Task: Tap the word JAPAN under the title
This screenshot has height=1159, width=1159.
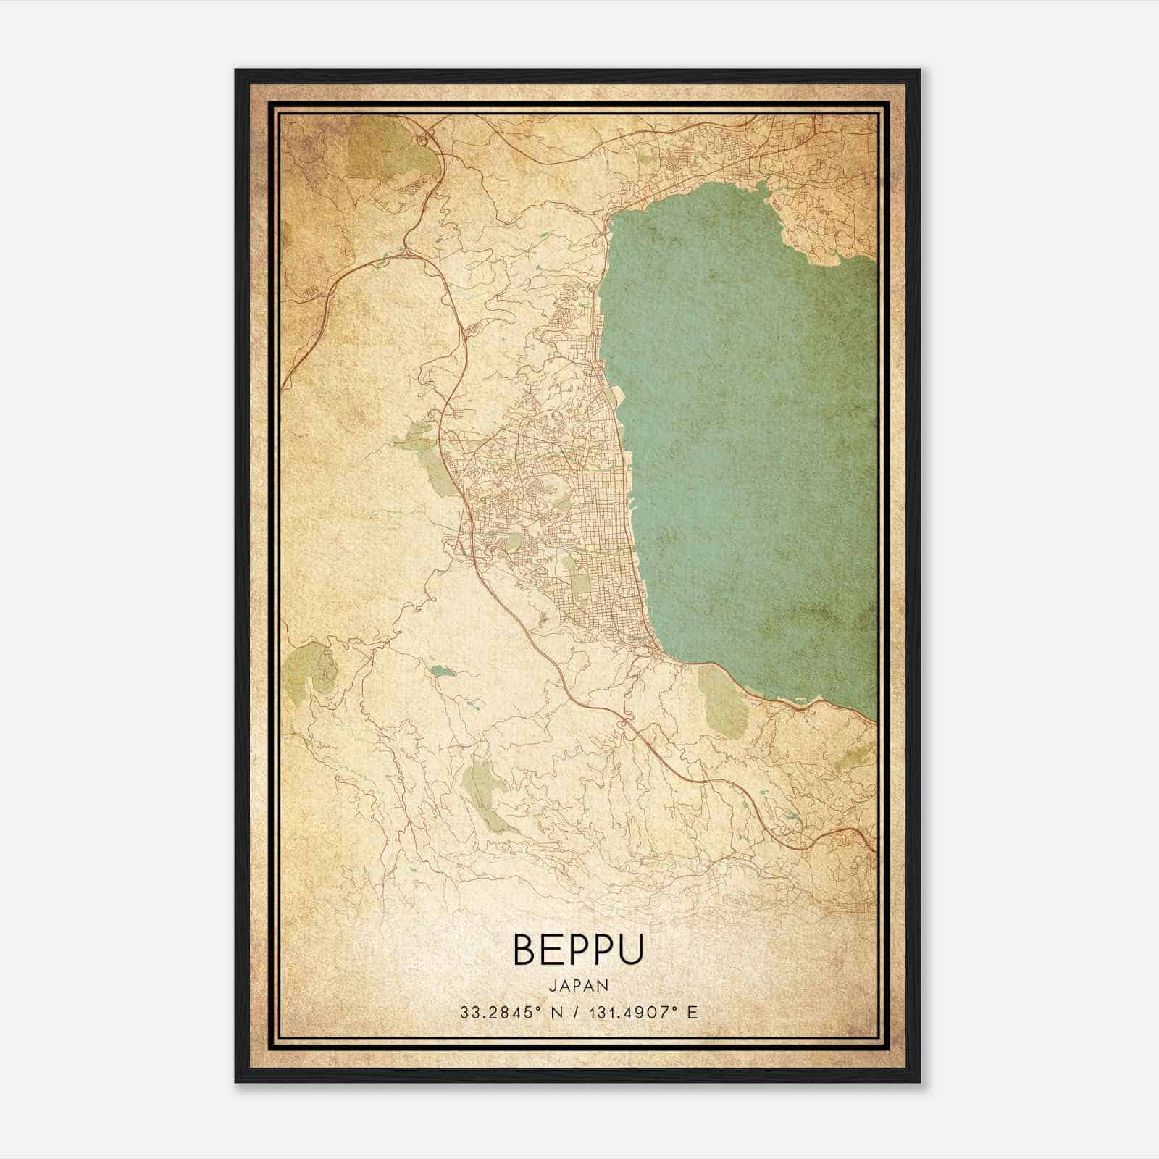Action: (x=578, y=985)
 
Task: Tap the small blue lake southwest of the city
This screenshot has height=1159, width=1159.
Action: (x=440, y=671)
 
